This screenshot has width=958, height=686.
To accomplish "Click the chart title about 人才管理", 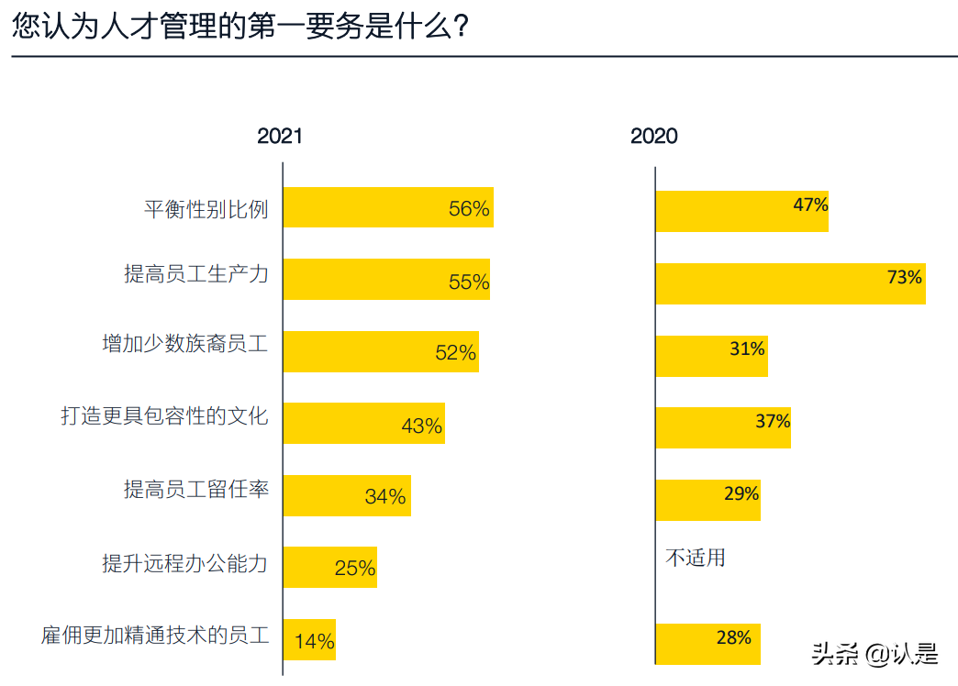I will (241, 27).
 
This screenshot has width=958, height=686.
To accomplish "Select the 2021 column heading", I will (279, 137).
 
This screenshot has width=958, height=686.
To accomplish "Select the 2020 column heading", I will (653, 137).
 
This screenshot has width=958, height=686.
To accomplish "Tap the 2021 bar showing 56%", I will (387, 208).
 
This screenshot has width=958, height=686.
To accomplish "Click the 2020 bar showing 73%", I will (789, 283).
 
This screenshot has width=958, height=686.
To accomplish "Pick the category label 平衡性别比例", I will (206, 209).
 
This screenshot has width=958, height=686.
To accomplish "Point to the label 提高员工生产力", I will (196, 273).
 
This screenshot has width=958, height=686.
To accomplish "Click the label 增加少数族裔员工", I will (185, 345).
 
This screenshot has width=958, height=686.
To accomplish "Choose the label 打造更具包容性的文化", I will (164, 416).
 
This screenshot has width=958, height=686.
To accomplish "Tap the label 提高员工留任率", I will (196, 489).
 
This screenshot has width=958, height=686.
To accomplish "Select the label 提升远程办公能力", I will (185, 562).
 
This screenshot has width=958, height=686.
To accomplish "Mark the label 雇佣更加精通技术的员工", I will (155, 635).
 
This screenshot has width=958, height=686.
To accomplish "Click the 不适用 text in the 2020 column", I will (695, 558).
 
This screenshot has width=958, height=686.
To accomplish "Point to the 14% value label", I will (315, 641).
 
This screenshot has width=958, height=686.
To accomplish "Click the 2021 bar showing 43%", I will (363, 424).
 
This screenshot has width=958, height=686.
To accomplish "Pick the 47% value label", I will (810, 205).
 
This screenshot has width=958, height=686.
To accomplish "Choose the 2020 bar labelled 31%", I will (711, 356).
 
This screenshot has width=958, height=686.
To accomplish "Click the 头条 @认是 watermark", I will (874, 654).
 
